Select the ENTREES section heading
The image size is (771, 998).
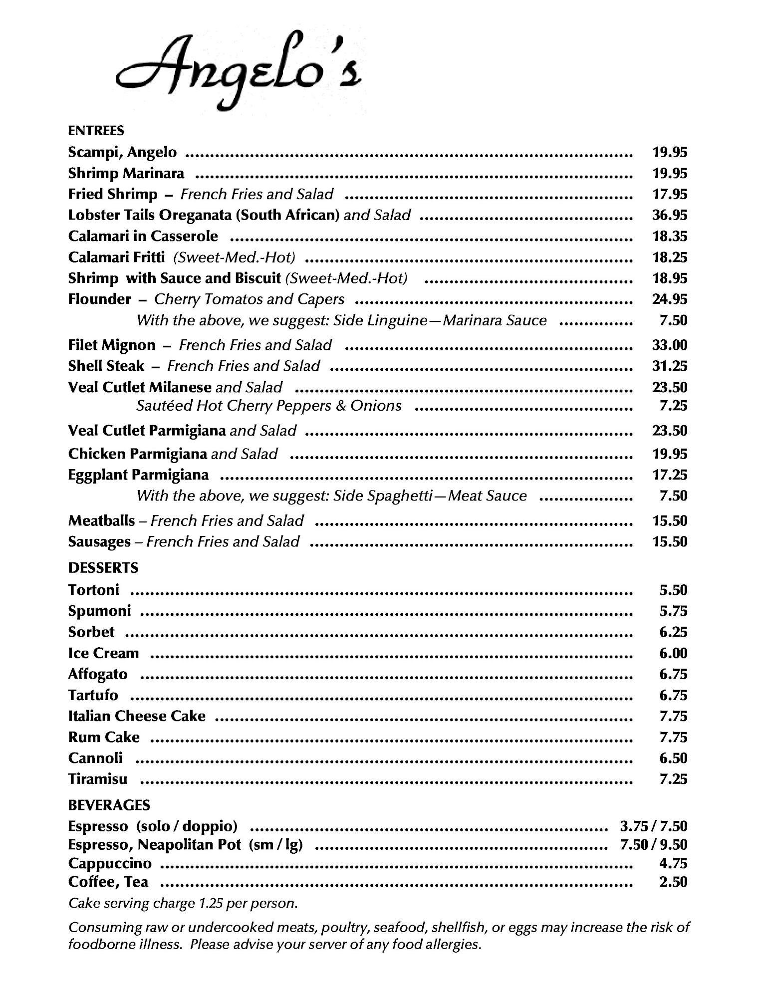[96, 131]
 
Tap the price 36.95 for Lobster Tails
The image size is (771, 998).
[670, 215]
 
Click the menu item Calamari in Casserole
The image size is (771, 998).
[143, 236]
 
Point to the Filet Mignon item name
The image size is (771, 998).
[112, 345]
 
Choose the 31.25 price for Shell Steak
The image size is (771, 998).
[670, 366]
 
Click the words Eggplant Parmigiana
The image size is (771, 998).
[138, 475]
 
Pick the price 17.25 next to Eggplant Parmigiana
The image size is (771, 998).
[670, 475]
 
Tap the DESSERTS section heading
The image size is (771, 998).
[103, 568]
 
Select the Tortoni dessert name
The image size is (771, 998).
[94, 590]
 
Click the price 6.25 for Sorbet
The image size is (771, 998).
[673, 632]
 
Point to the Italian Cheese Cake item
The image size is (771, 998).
[137, 717]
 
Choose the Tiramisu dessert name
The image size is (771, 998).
[98, 779]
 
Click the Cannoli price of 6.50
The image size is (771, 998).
[673, 758]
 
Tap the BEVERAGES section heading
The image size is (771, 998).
[109, 805]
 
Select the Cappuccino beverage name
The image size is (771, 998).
[110, 864]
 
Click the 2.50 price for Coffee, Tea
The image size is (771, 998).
[673, 882]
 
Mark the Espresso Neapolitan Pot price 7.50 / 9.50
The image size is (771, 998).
[653, 845]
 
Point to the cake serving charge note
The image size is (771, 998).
[183, 904]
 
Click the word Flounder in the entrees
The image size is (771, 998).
[99, 299]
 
